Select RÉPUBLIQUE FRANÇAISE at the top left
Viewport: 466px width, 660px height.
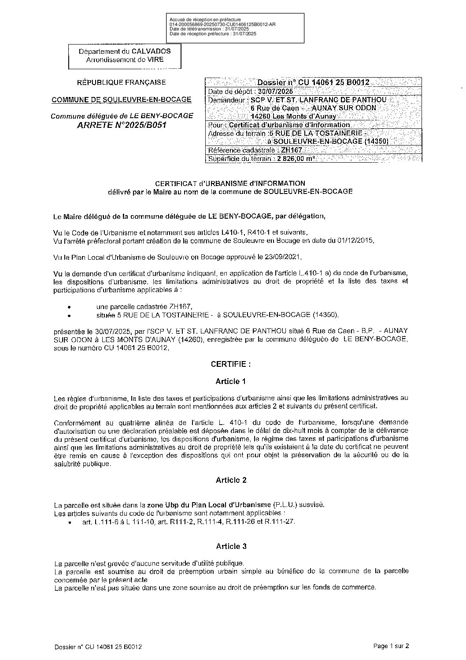[122, 82]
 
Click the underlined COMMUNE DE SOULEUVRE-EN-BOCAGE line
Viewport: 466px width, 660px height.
[122, 100]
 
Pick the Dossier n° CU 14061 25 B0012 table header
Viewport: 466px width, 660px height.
[313, 82]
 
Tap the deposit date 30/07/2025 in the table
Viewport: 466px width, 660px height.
[275, 91]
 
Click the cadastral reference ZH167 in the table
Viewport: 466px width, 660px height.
[291, 150]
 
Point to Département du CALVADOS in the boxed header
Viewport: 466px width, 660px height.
[125, 51]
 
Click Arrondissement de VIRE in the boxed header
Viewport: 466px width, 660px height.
[125, 60]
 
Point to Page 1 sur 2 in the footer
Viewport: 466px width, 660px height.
[391, 646]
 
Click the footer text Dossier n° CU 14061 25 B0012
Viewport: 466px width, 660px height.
[98, 647]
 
